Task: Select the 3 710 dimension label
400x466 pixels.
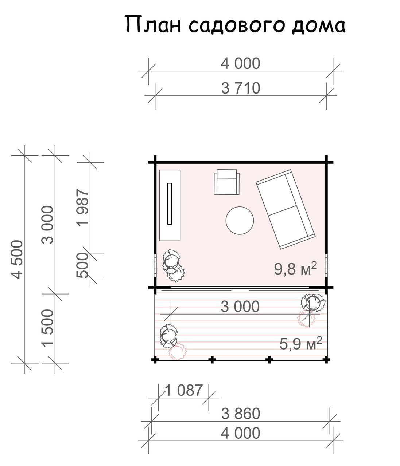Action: pos(240,88)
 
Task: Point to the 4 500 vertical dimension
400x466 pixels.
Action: pos(17,260)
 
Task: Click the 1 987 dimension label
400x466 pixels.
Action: pos(83,207)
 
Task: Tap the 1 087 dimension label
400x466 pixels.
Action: pos(184,391)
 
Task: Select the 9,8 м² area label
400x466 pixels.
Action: pos(295,268)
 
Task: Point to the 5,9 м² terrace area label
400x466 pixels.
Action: pos(300,344)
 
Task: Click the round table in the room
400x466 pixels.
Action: pos(240,221)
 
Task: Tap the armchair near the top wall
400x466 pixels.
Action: pos(226,182)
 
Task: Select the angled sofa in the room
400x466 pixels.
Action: pos(285,210)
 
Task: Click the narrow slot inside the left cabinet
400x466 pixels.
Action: pos(170,204)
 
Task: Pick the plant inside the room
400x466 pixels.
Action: pos(173,265)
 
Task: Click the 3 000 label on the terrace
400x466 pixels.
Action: pos(240,307)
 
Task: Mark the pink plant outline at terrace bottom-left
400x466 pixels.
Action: pos(178,352)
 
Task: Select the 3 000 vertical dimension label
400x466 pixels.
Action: pos(48,225)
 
